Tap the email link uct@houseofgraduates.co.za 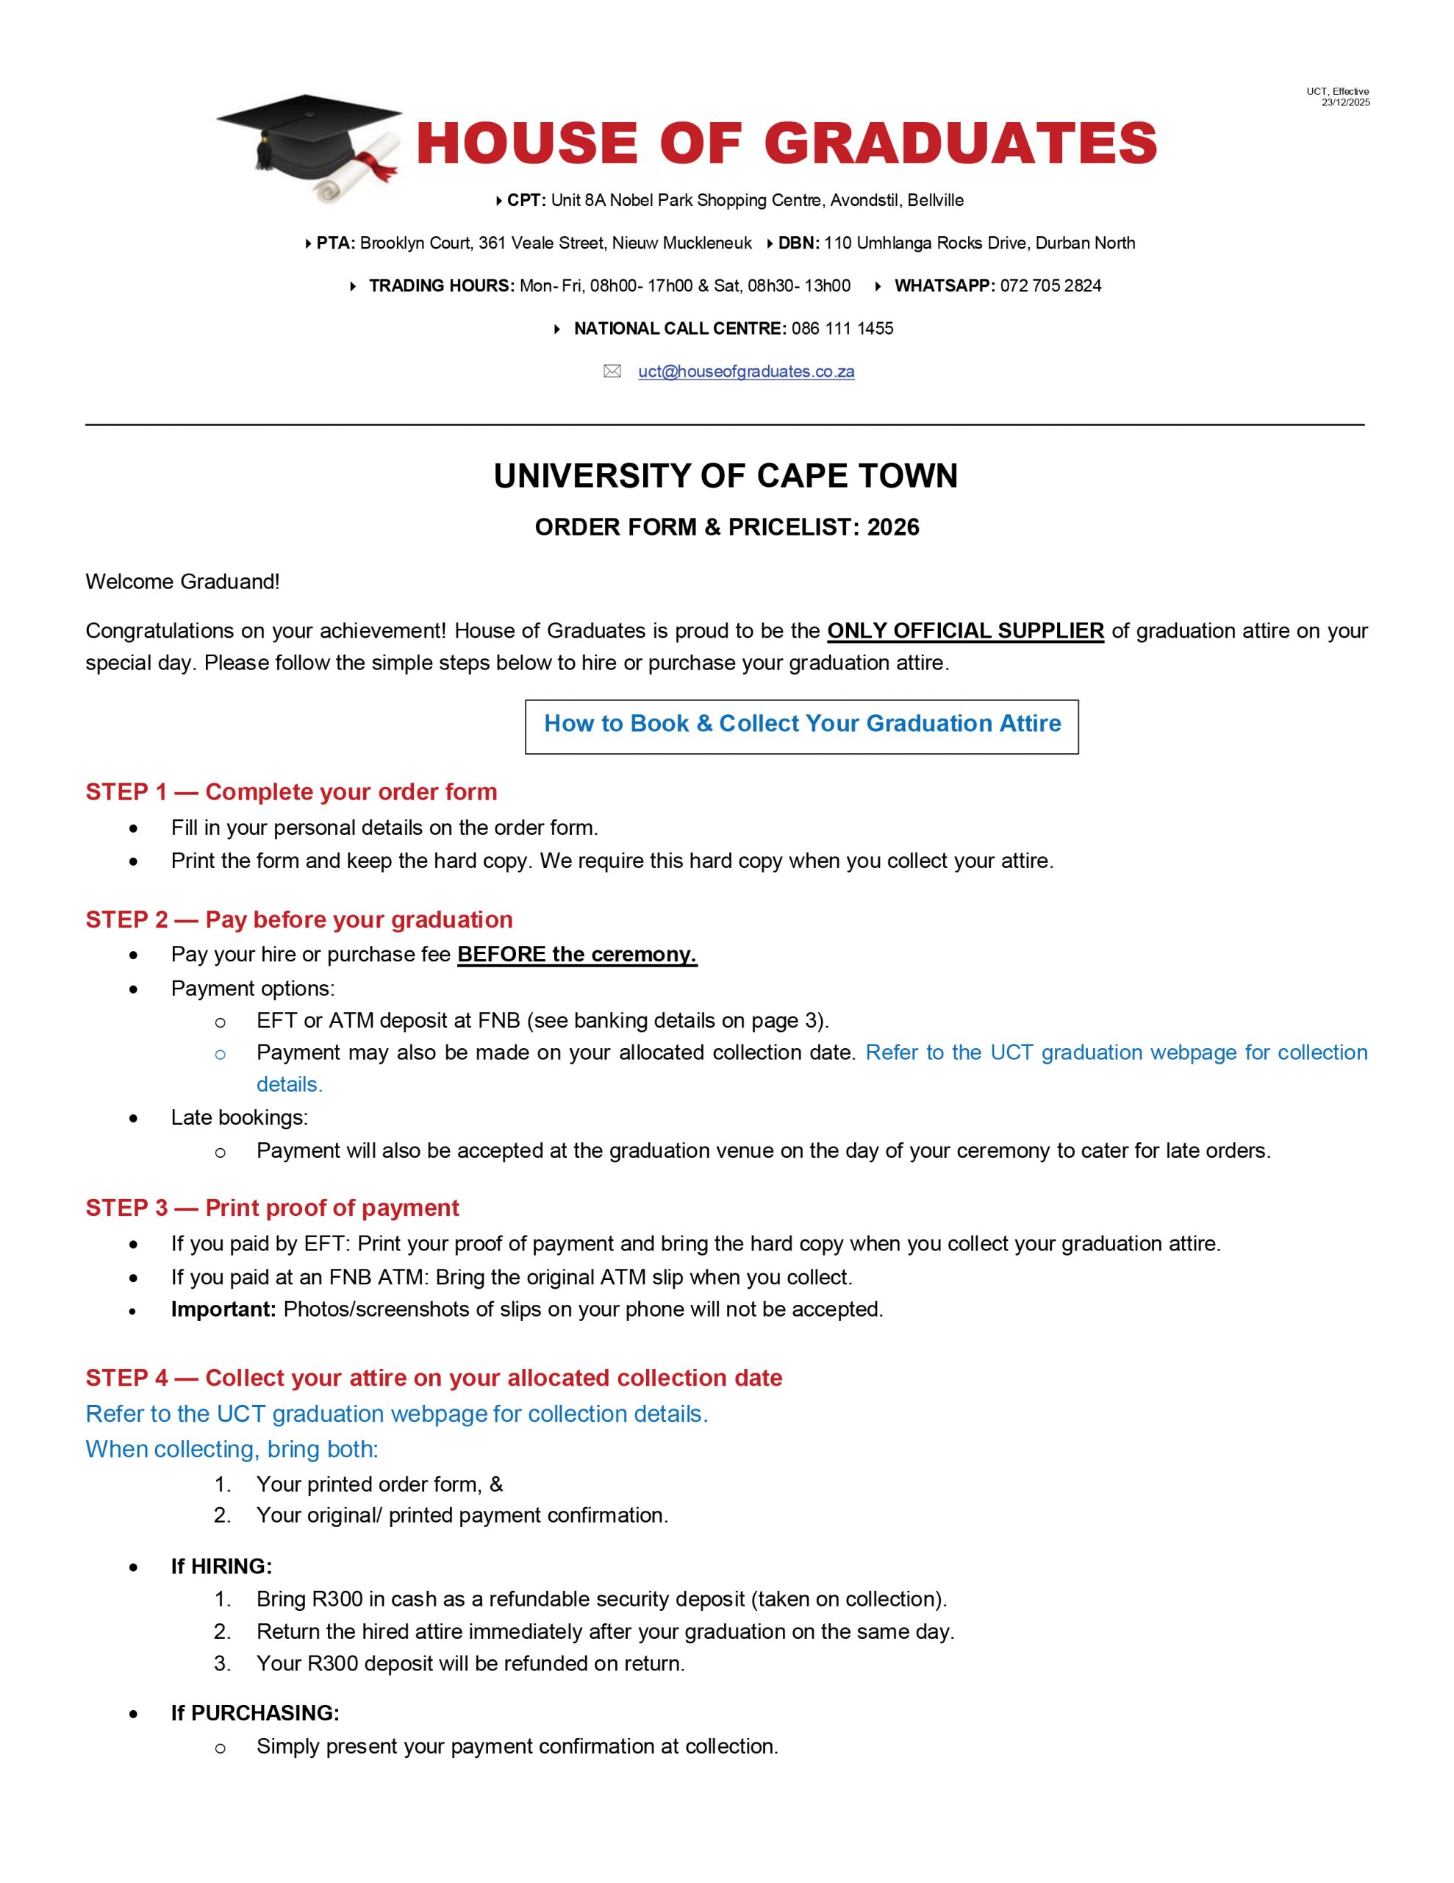[x=745, y=371]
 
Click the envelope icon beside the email [x=612, y=371]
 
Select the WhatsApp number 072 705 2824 [x=1050, y=286]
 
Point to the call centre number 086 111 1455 [x=842, y=329]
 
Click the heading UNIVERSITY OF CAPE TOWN [x=726, y=476]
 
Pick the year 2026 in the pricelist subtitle [x=893, y=527]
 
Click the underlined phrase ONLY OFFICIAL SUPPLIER [x=965, y=631]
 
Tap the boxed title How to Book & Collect [x=801, y=723]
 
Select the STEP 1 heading [x=291, y=791]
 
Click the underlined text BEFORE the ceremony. [x=576, y=955]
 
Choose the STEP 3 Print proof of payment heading [x=273, y=1208]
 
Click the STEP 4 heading [x=434, y=1378]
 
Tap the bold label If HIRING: [x=221, y=1567]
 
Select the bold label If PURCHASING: [x=255, y=1713]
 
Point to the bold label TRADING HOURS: [x=441, y=286]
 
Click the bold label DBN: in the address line [x=798, y=243]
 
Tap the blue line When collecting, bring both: [x=232, y=1449]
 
